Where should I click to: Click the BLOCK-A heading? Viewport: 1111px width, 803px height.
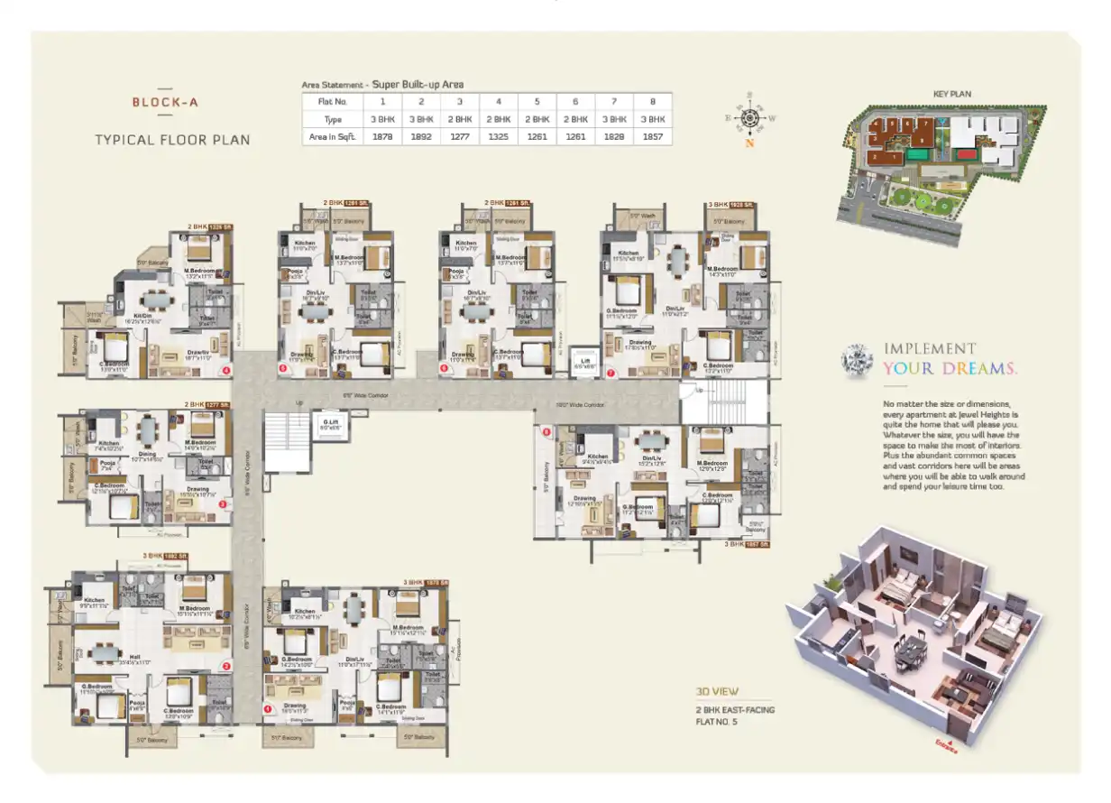(165, 102)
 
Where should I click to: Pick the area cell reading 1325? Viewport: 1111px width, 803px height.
(498, 136)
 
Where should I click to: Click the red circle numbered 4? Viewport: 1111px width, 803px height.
(226, 369)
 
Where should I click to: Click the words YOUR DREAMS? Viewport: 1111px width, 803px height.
(950, 368)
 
